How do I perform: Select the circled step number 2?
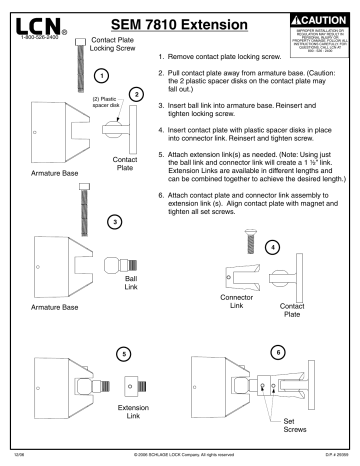(x=138, y=93)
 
